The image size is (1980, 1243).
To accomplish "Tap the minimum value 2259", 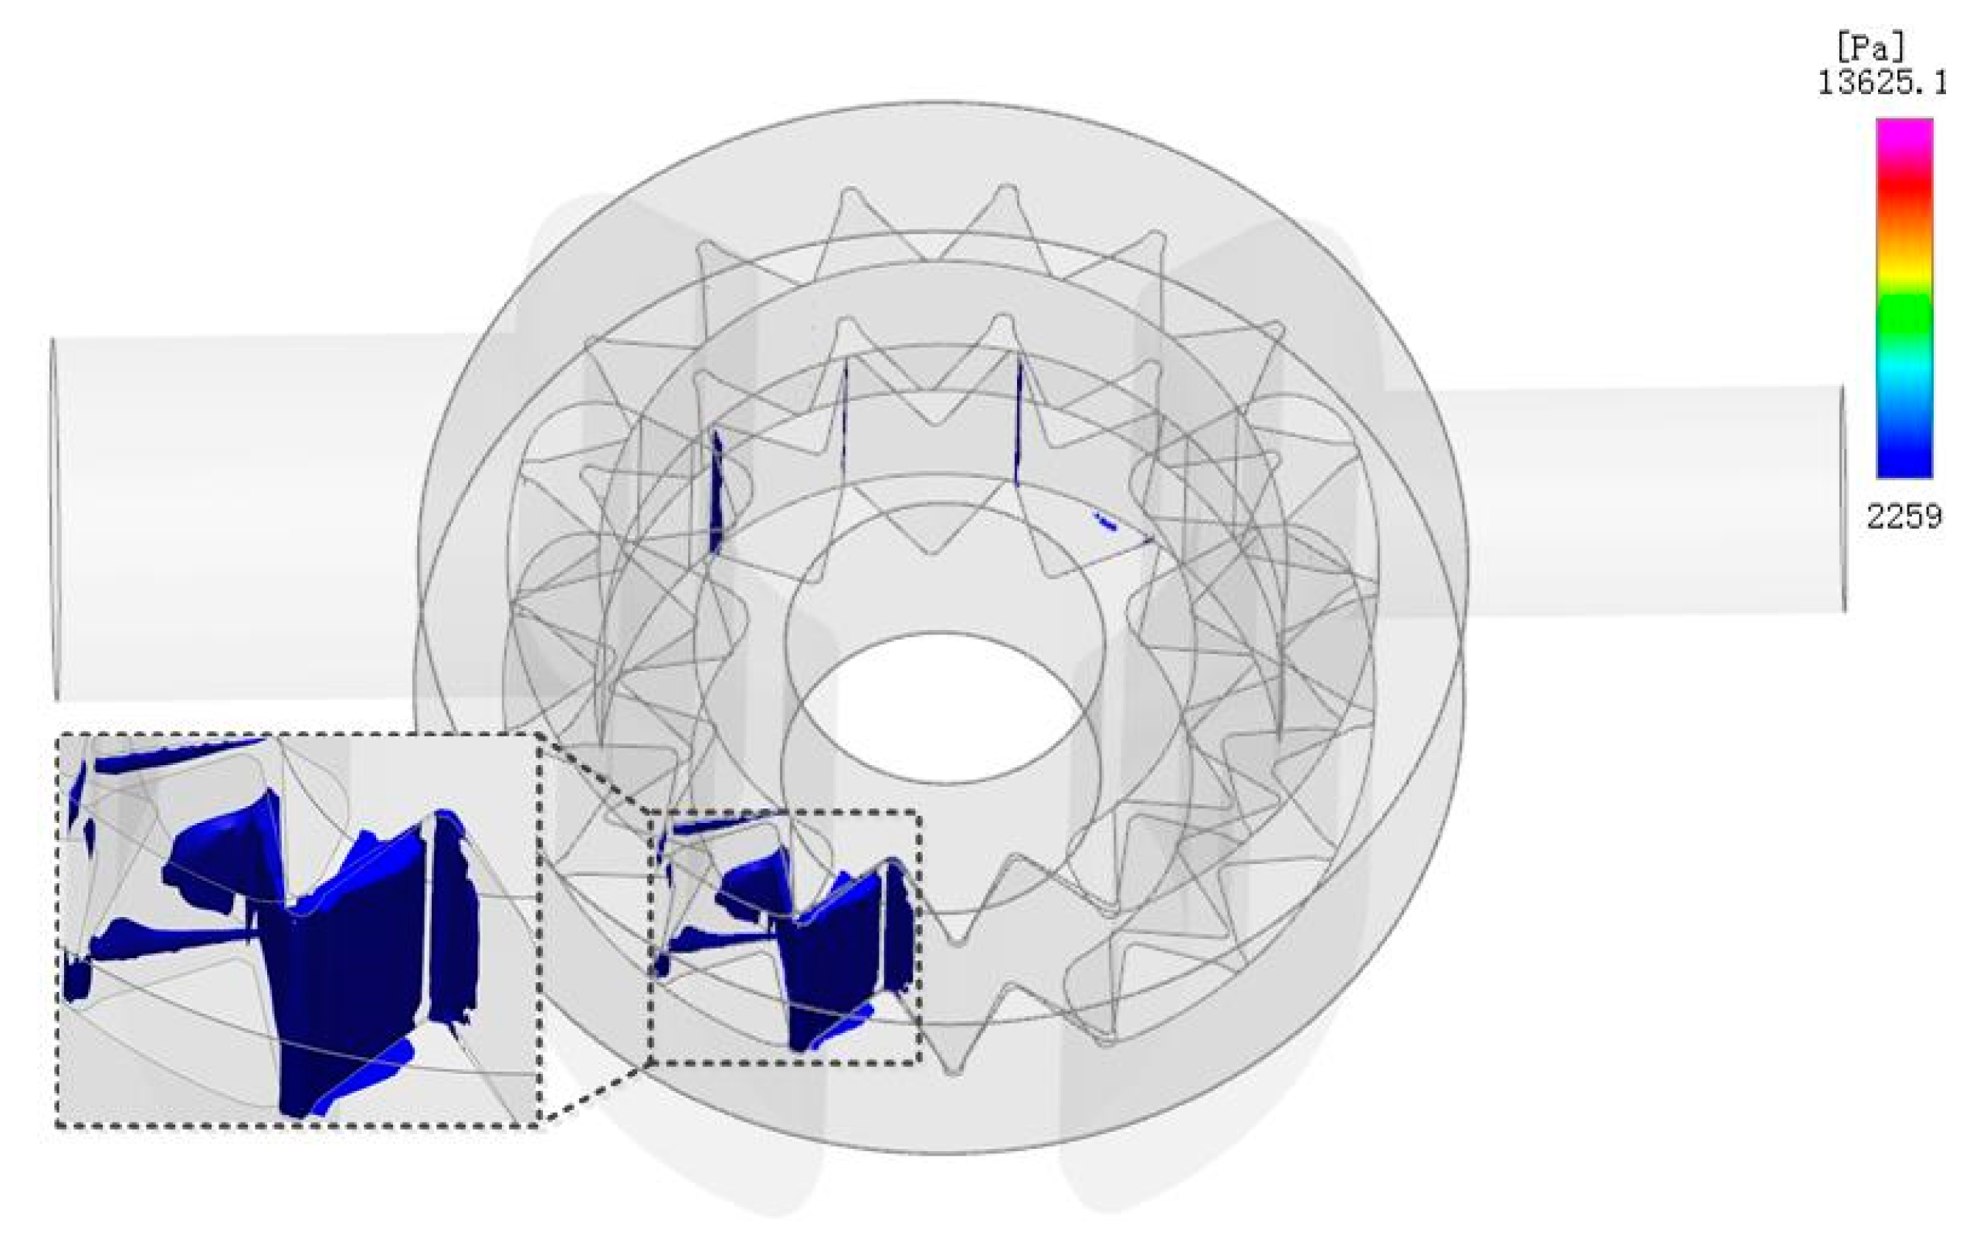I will pyautogui.click(x=1904, y=517).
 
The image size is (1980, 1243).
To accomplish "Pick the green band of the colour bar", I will pyautogui.click(x=1904, y=317).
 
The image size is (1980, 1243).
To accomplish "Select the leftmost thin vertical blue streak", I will pyautogui.click(x=716, y=493).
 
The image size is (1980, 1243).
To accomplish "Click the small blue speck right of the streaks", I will pyautogui.click(x=1104, y=520).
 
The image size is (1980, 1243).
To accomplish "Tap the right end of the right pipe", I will pyautogui.click(x=1842, y=500).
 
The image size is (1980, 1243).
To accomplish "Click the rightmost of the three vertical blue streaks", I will pyautogui.click(x=1017, y=423).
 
